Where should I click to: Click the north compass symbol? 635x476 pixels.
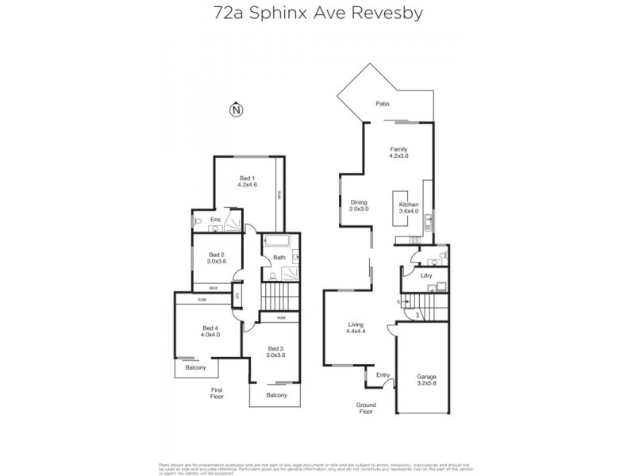pos(234,110)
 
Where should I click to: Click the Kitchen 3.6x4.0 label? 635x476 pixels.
pos(409,208)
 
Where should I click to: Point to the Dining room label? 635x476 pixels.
pos(359,205)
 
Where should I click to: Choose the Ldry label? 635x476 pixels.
pos(425,276)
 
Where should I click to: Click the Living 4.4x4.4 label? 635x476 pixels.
pos(356,328)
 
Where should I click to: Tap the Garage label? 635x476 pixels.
pos(426,380)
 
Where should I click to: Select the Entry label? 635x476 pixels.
pos(383,376)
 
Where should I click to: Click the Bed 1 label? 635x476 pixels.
pos(247,182)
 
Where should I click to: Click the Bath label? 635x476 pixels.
pos(279,257)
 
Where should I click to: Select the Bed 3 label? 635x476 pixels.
pos(275,351)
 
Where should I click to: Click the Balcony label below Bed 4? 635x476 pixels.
pos(196,367)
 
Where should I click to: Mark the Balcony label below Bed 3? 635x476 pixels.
pos(276,395)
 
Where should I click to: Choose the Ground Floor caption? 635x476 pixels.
pos(365,408)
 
